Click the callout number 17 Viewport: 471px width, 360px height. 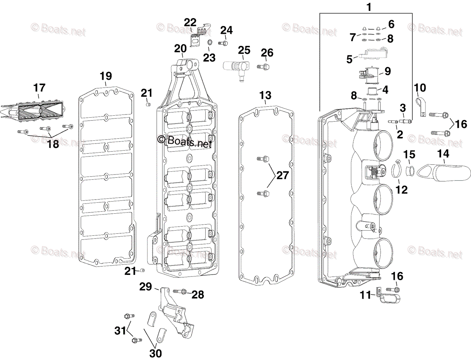click(x=40, y=87)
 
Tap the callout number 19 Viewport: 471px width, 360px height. click(x=106, y=76)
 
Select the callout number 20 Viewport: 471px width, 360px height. click(x=181, y=49)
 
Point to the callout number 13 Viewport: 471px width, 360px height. click(x=265, y=95)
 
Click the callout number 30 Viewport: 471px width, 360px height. click(x=155, y=353)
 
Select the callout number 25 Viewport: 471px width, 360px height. click(x=244, y=50)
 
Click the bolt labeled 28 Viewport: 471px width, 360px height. click(x=179, y=292)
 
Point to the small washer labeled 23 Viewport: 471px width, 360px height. click(x=209, y=43)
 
